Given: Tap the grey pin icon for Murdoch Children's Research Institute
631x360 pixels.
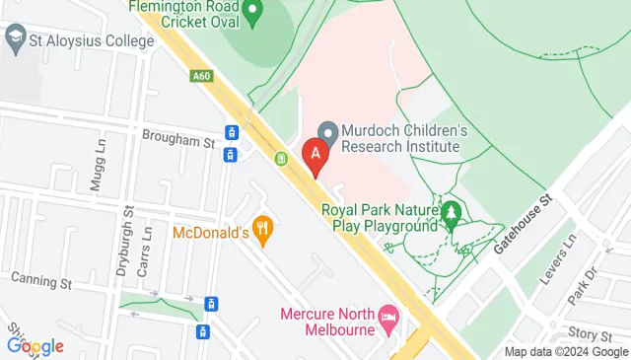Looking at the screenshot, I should pos(329,130).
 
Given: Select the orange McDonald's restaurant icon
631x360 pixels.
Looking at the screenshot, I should pos(261,232).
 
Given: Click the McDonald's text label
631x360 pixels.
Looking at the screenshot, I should pos(210,234).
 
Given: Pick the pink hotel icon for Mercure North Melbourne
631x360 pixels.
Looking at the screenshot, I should pos(388,317).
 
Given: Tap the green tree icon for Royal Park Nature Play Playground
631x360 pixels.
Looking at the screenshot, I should pos(452,213).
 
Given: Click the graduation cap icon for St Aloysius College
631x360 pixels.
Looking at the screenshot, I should pos(15,41).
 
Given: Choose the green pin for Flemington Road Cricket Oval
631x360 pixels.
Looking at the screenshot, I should pos(252,14).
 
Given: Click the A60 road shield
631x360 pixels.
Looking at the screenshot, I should pos(202,75).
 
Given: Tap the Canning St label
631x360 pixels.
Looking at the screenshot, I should pos(42,282).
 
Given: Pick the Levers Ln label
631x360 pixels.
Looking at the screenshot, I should pos(565,258).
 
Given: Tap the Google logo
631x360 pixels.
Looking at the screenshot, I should pos(35,345).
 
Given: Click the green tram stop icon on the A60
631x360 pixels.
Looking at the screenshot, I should pos(281,158).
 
